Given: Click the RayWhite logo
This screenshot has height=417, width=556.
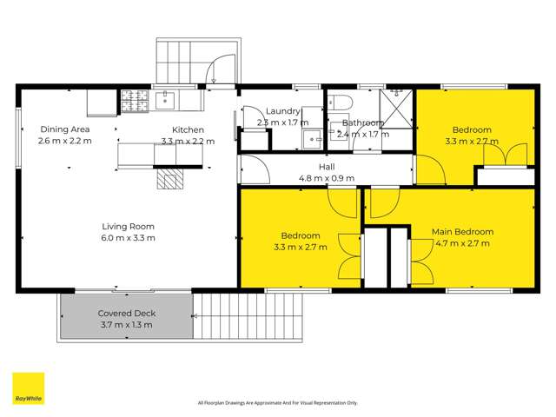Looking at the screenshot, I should coord(28,389).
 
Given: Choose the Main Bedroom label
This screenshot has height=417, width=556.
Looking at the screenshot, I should coord(463,232).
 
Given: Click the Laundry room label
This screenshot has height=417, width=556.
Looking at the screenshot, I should coord(283,111).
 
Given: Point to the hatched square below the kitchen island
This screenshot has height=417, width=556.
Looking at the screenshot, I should coord(170,179).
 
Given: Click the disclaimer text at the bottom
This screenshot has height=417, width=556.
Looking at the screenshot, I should coord(278,402).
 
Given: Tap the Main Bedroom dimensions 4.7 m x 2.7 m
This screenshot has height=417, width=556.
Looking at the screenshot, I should coord(463,243).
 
